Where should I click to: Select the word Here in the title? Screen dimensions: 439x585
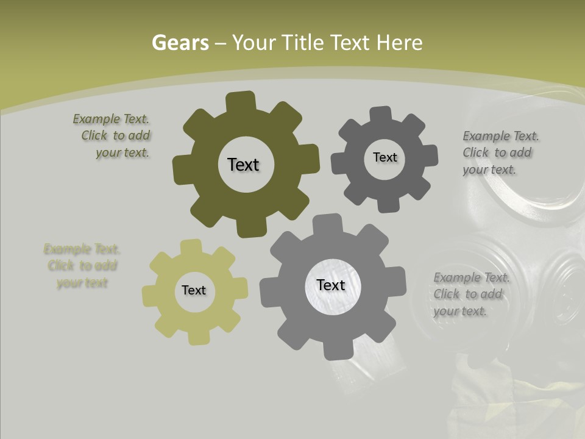click(x=399, y=43)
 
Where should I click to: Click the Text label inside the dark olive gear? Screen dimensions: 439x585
click(x=243, y=165)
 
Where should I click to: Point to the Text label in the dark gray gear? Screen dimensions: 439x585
click(x=385, y=157)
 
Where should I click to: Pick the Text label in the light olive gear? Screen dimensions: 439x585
click(x=194, y=290)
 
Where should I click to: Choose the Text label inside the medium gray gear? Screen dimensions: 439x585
click(x=331, y=285)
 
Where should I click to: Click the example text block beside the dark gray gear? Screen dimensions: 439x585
click(x=498, y=152)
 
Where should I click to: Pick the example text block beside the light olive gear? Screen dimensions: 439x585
click(x=82, y=266)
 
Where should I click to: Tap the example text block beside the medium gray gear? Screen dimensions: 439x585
click(x=469, y=294)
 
